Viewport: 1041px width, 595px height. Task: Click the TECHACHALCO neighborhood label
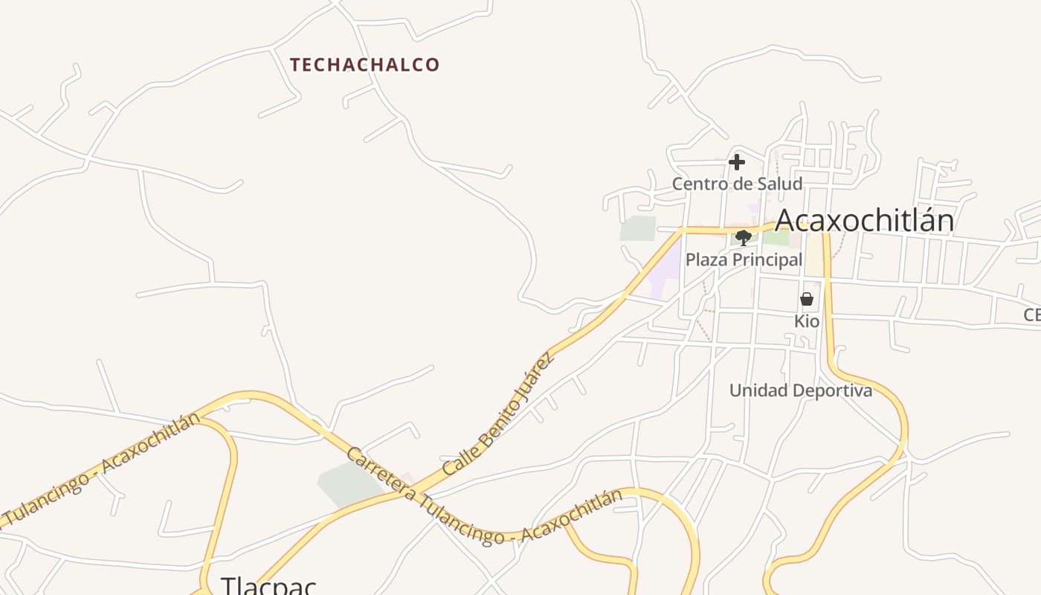pos(365,65)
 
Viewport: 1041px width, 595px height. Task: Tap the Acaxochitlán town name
pos(864,221)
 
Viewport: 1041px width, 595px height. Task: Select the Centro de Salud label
pos(737,184)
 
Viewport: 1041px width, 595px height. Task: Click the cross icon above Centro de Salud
pos(737,162)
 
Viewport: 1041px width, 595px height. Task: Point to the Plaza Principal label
pos(744,260)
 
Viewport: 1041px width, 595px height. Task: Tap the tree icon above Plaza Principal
pos(743,238)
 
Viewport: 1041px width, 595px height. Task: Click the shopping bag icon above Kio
pos(807,299)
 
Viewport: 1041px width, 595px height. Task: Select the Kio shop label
pos(807,321)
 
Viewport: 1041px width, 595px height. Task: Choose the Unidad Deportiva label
pos(800,390)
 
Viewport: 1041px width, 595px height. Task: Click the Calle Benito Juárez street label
pos(498,414)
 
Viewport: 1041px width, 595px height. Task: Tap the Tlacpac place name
pos(268,585)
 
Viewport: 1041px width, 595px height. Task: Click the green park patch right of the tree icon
pos(776,238)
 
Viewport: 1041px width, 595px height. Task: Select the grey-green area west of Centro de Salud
pos(638,228)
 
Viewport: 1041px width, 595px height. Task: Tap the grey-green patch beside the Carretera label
pos(349,483)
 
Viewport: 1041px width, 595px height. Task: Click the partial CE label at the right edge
pos(1031,315)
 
